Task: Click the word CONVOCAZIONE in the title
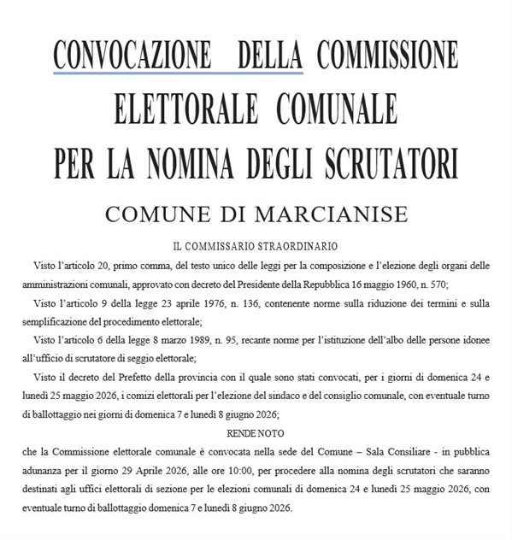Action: tap(133, 56)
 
